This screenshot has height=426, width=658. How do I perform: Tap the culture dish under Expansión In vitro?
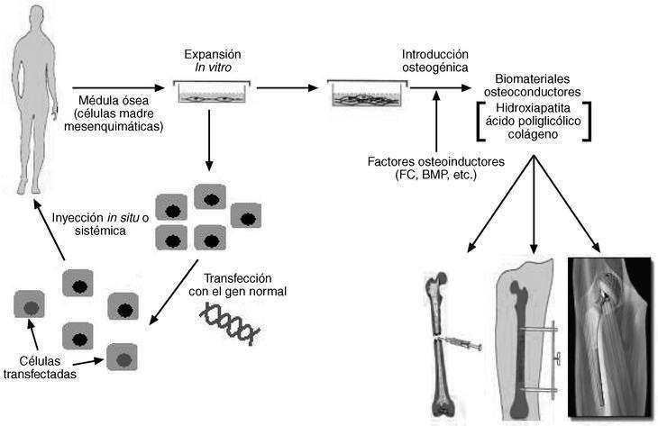click(210, 91)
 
